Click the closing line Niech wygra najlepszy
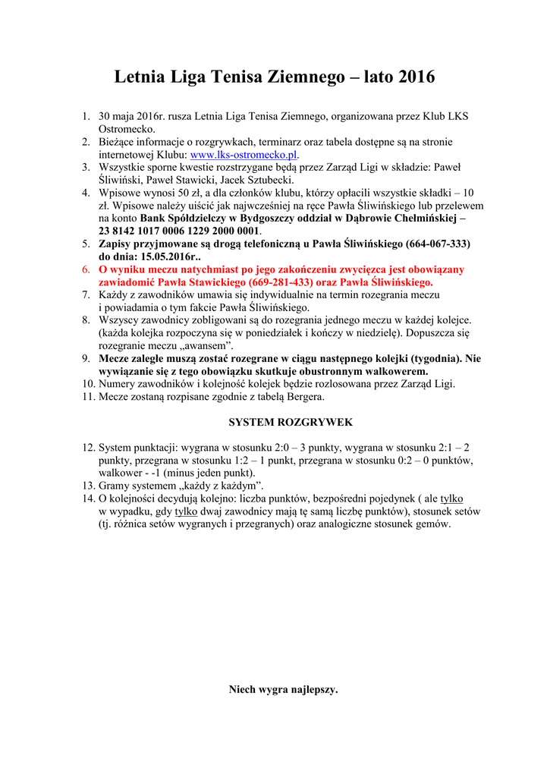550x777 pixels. tap(283, 690)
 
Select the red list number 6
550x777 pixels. tap(86, 269)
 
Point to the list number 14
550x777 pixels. tap(87, 499)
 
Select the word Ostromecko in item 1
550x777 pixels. tap(127, 129)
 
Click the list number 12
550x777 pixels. tap(87, 448)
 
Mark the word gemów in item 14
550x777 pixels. tap(432, 524)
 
